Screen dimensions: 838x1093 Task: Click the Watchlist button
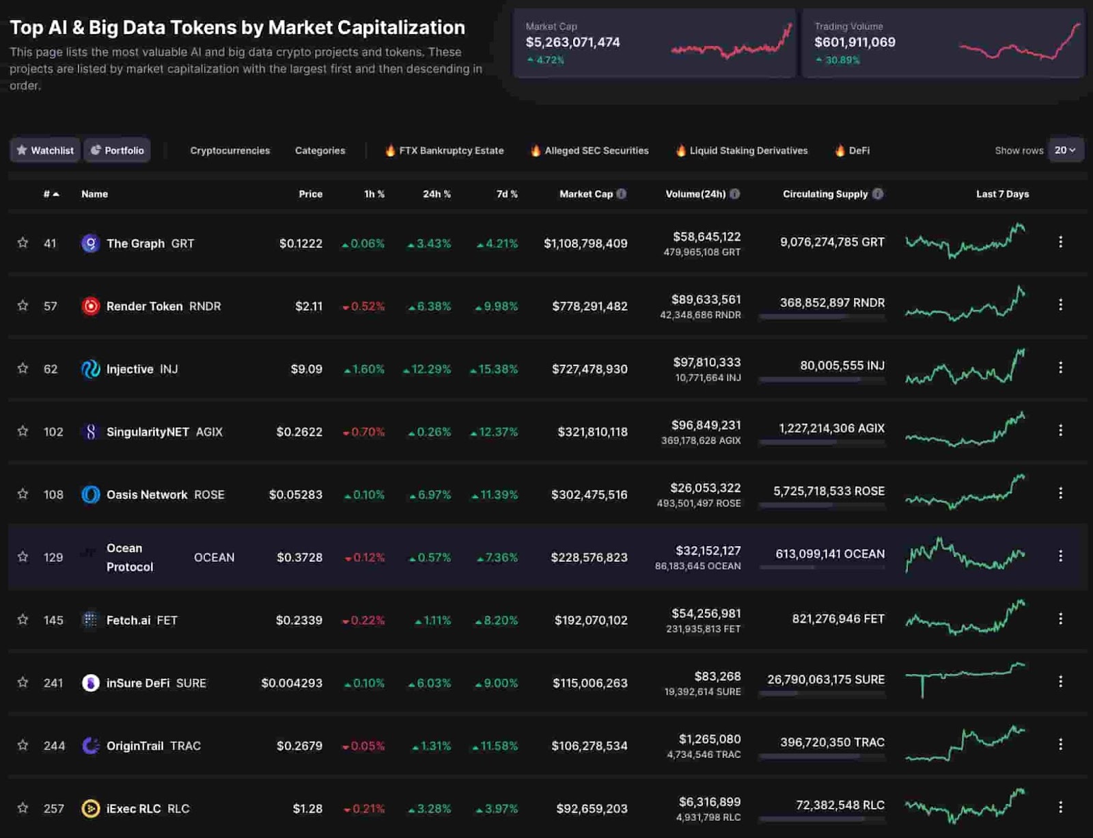pos(45,150)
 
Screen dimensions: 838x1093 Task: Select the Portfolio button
pos(117,150)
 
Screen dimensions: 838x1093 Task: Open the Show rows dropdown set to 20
pos(1065,150)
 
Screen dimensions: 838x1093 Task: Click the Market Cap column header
pos(586,194)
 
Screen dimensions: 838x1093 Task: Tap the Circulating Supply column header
pos(825,194)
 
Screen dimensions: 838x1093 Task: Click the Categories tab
pos(320,150)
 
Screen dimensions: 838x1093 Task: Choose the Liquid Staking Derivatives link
pos(748,150)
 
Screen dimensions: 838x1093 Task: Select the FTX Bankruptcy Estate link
pos(451,150)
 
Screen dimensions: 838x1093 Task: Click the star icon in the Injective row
pos(23,368)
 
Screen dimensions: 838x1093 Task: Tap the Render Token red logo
pos(90,306)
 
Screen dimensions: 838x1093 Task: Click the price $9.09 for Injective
pos(306,369)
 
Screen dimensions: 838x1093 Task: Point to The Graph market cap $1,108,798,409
pos(585,243)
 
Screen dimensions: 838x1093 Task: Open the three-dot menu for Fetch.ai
pos(1060,619)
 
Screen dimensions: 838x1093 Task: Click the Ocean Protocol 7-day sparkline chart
pos(965,554)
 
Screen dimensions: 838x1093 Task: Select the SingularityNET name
pos(148,432)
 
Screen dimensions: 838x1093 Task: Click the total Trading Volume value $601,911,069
pos(855,42)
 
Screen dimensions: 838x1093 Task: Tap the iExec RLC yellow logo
pos(90,809)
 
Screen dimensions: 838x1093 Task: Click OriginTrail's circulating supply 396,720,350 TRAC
pos(832,742)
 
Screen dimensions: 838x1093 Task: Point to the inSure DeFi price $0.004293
pos(292,683)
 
